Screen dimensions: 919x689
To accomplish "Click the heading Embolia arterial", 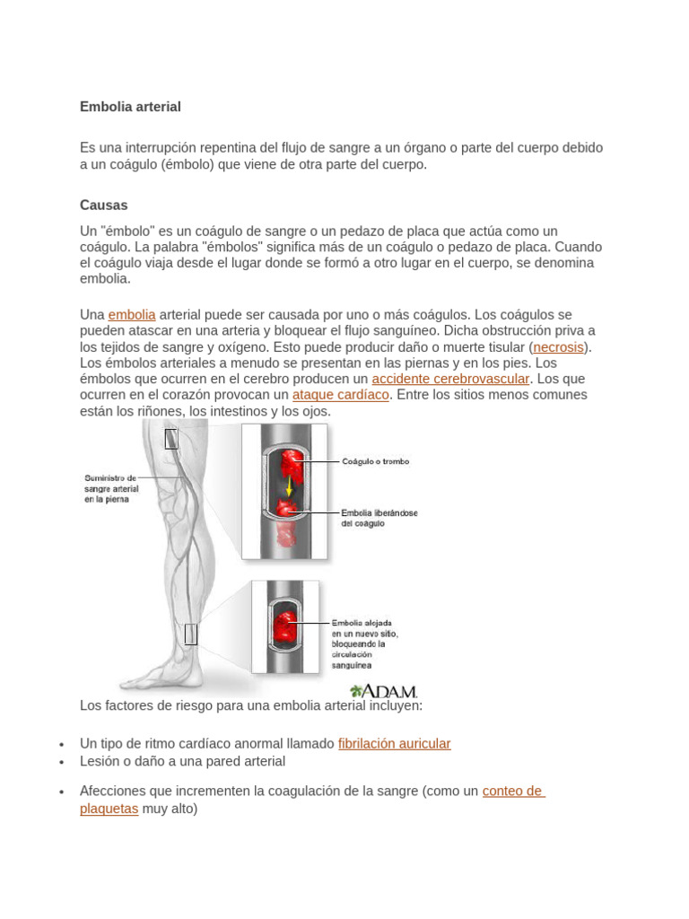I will tap(130, 107).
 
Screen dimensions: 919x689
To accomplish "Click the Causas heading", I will tap(104, 206).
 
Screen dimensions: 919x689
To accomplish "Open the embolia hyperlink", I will tap(132, 315).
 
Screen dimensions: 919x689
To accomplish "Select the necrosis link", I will tap(559, 347).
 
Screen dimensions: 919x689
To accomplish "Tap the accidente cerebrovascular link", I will tap(450, 379).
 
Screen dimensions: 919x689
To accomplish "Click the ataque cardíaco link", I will tap(341, 395).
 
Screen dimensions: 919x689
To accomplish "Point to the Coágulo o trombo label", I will tap(375, 461).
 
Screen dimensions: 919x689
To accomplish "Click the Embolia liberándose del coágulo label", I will tap(379, 518).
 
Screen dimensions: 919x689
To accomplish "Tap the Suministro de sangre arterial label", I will tap(111, 489).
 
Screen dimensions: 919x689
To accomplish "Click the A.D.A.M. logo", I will tap(384, 691).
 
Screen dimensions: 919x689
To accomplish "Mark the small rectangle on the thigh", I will tap(171, 439).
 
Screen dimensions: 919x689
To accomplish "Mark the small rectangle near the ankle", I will tap(190, 635).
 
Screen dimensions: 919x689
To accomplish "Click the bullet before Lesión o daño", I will tap(61, 762).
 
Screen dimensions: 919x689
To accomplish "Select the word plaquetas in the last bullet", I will tap(109, 809).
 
